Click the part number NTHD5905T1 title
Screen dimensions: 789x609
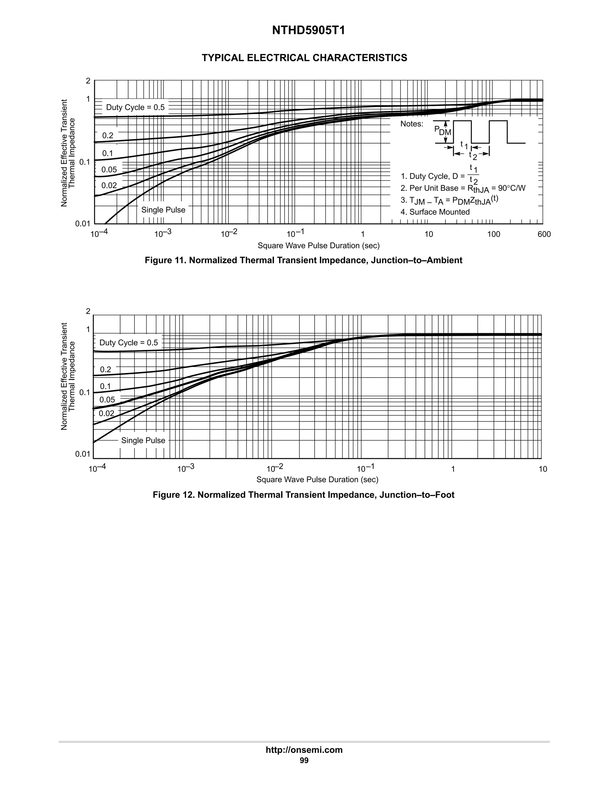point(308,31)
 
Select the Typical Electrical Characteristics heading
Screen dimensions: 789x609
point(304,58)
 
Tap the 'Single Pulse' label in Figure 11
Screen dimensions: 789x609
point(163,210)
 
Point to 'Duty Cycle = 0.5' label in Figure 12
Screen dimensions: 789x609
point(128,342)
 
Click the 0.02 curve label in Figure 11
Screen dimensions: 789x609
point(109,186)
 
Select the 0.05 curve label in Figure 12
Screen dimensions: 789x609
point(107,400)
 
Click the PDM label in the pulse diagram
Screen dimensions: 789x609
point(442,130)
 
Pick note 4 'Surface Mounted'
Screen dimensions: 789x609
point(435,212)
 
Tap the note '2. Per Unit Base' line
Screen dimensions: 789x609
point(463,188)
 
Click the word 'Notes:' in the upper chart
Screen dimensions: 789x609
point(412,124)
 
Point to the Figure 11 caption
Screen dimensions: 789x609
point(303,260)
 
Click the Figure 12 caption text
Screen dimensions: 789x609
point(303,495)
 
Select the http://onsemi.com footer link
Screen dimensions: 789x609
point(304,750)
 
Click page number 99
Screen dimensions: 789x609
point(304,760)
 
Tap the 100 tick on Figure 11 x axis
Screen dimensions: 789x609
point(494,234)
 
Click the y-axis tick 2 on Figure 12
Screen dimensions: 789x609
point(88,311)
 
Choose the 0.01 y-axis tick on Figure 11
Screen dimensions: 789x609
point(83,224)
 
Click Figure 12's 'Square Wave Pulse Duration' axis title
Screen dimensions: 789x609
point(317,479)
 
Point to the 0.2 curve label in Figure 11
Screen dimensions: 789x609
point(108,135)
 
